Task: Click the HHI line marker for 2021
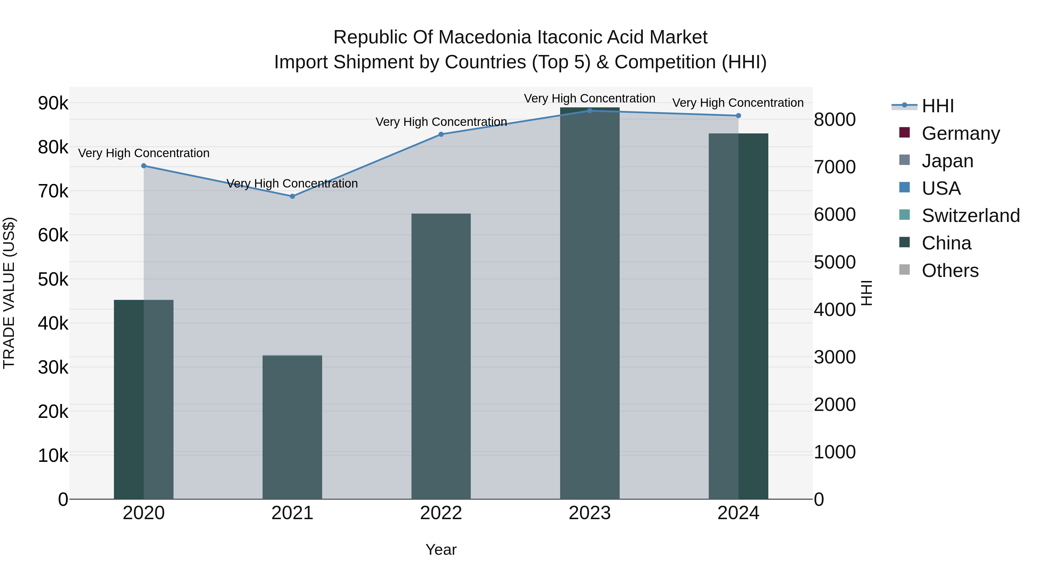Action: (x=292, y=196)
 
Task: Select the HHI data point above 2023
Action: (x=590, y=111)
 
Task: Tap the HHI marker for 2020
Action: (x=143, y=166)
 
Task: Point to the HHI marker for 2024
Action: (x=738, y=116)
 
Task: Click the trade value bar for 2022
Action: (x=441, y=356)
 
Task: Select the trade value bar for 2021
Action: (x=292, y=427)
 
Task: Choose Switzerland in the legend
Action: (x=970, y=216)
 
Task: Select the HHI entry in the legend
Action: (x=937, y=106)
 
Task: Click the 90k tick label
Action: (x=53, y=103)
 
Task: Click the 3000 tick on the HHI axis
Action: (x=835, y=357)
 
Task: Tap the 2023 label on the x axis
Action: (x=590, y=513)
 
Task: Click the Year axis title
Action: (x=441, y=550)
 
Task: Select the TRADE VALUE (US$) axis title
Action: (x=9, y=293)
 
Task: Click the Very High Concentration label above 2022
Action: (x=441, y=122)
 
